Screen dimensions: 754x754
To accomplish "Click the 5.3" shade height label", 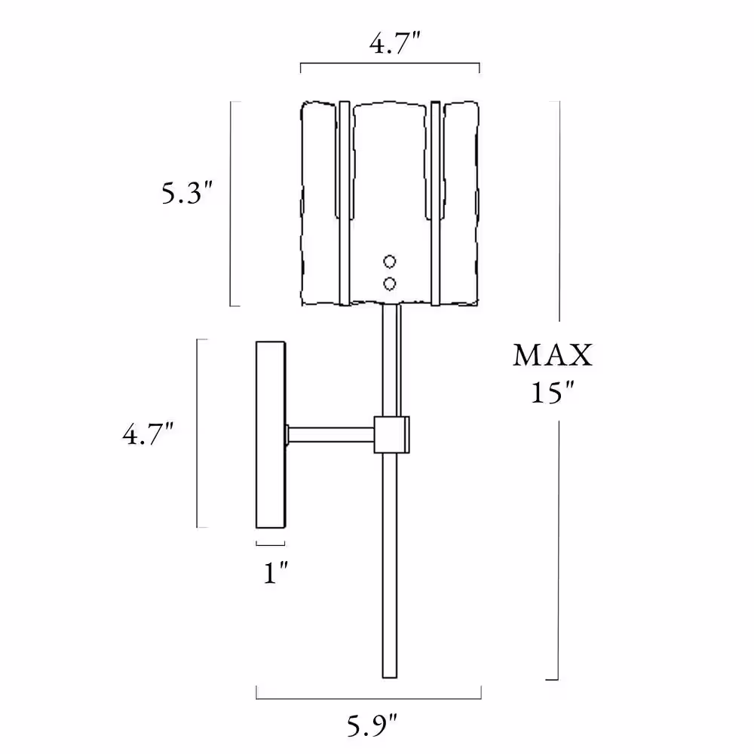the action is [x=186, y=193].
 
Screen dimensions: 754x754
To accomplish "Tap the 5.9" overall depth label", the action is [x=372, y=725].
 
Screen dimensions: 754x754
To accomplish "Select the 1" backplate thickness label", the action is [x=275, y=572].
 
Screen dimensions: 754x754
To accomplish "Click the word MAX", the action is [x=553, y=355].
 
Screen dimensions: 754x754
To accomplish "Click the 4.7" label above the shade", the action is [x=395, y=43].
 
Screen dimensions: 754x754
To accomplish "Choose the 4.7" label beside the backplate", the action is [x=148, y=434].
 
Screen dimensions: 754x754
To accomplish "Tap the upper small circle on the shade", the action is [x=390, y=262].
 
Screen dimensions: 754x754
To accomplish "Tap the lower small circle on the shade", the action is [x=390, y=284].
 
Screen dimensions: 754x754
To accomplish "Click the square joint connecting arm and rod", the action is [x=392, y=435].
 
